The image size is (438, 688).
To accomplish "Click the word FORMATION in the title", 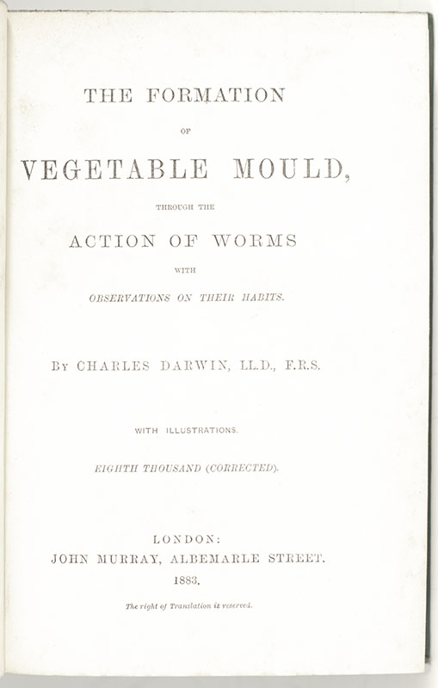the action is [x=216, y=95].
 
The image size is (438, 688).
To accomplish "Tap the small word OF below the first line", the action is [x=184, y=132].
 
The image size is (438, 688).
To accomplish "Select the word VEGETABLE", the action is [x=114, y=169].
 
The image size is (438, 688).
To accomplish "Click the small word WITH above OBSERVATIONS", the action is [x=185, y=270].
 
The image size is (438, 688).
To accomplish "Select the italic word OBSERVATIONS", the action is [x=130, y=298].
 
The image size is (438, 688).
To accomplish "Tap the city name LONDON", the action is [x=186, y=539].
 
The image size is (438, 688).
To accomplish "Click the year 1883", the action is [x=186, y=580].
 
